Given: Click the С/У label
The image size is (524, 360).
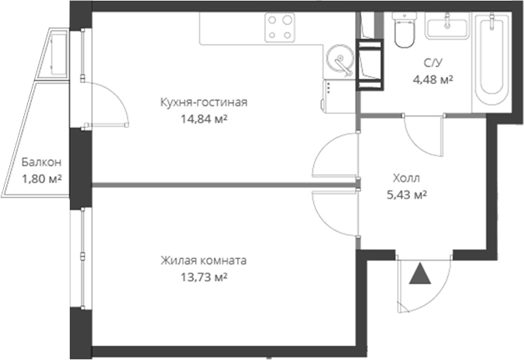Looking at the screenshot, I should tap(434, 61).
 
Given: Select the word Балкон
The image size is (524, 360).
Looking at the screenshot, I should tap(41, 163).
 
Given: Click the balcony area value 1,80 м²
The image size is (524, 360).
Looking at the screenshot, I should tap(41, 179).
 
